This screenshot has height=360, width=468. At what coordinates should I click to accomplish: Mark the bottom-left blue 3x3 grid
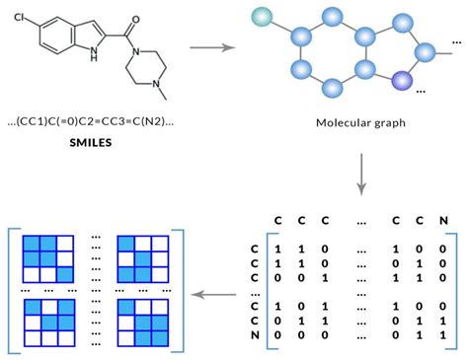coord(49,324)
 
